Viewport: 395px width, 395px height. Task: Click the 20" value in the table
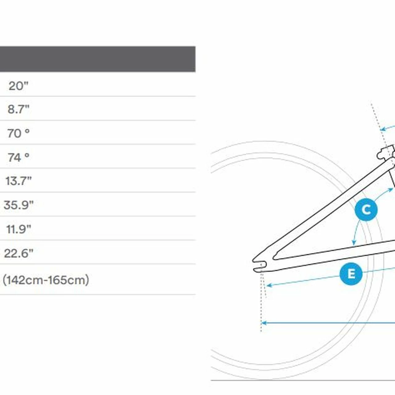pos(19,86)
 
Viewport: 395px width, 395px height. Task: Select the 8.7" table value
pos(19,109)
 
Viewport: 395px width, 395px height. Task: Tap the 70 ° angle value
pos(19,133)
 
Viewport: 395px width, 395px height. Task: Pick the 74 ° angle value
pos(19,157)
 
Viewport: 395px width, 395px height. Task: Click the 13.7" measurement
pos(19,181)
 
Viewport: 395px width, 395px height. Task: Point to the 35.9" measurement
pos(19,205)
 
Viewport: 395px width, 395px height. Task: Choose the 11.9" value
pos(19,229)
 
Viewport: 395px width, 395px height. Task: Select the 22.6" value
pos(19,253)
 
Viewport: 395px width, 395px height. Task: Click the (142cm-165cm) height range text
pos(46,280)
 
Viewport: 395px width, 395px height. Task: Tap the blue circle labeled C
pos(366,210)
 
